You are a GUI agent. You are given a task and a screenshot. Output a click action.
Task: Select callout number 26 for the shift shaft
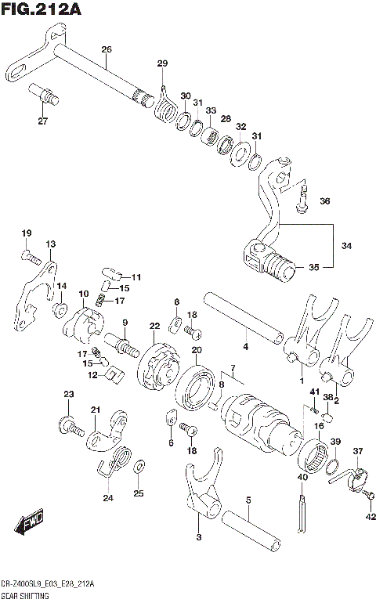[107, 50]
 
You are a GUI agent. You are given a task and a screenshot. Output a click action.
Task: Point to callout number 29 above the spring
[162, 63]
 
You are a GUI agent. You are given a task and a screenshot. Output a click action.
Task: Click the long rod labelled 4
[243, 319]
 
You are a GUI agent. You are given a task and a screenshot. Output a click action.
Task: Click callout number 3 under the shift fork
[199, 537]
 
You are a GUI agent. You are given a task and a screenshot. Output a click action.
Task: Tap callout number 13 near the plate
[50, 244]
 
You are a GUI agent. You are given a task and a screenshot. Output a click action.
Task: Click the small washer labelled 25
[138, 467]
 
